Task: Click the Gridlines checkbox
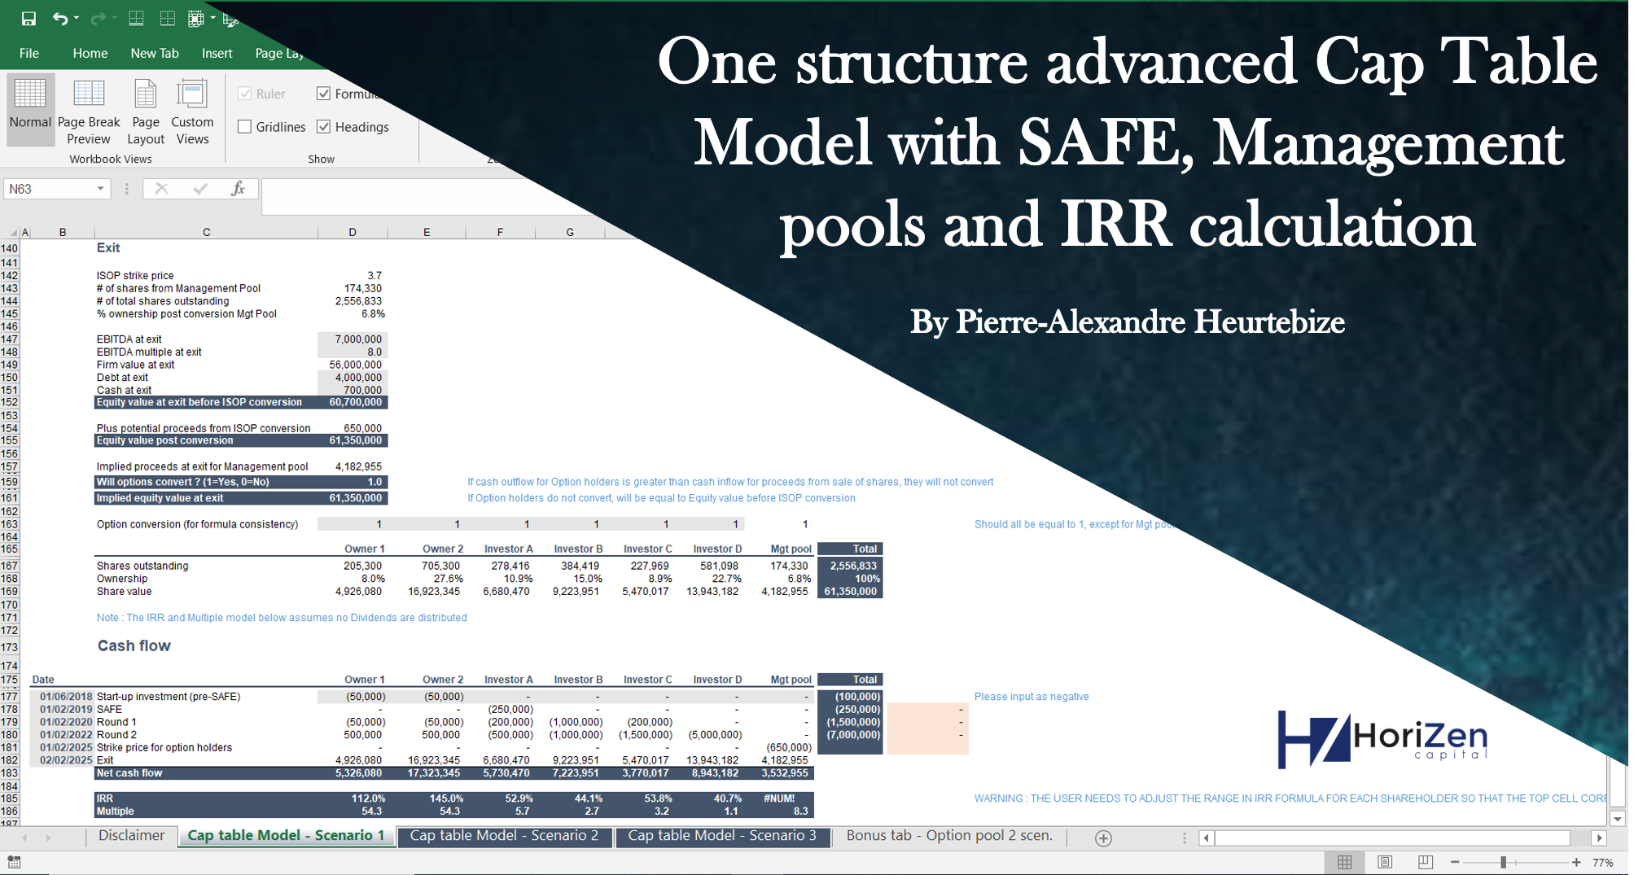pos(244,127)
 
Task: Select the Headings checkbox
pos(324,127)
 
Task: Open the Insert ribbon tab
pos(217,53)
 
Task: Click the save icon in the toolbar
pos(28,18)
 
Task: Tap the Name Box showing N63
pos(55,189)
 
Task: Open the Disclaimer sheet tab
pos(131,836)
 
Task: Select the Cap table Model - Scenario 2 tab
pos(504,836)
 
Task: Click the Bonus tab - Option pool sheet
pos(949,836)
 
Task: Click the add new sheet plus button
pos(1103,838)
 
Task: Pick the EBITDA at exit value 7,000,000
pos(358,339)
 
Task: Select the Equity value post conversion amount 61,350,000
pos(356,440)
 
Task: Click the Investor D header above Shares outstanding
pos(717,549)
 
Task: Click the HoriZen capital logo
pos(1382,739)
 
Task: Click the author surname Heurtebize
pos(1269,322)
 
